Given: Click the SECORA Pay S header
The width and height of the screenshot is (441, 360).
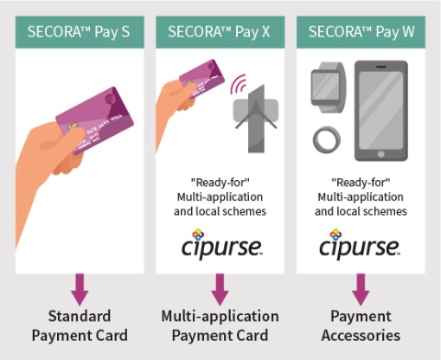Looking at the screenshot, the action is tap(80, 32).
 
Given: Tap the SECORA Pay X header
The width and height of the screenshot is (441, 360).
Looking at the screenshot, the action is tap(220, 32).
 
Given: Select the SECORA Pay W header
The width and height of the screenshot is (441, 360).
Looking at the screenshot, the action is tap(361, 32).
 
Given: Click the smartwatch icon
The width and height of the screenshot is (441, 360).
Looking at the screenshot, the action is tap(329, 87).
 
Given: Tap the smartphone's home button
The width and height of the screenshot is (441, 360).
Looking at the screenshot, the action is tap(381, 153).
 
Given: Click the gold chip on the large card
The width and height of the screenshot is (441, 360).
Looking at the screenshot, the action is tap(73, 127).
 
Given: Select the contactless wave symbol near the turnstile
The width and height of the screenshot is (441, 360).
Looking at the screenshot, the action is tap(238, 84).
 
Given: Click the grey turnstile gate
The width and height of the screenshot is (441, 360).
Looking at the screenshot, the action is tap(256, 118).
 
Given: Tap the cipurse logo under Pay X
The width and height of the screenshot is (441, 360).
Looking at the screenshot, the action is tap(221, 243).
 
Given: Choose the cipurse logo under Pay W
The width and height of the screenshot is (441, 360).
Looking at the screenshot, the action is tap(359, 243).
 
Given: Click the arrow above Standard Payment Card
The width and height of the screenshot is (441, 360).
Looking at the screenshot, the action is tap(80, 289).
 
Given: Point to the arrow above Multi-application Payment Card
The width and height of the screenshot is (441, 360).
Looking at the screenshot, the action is tap(220, 289).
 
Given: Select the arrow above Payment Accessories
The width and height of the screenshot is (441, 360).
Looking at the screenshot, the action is tap(361, 289).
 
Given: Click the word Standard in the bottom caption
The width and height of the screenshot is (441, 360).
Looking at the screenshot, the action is tap(80, 316).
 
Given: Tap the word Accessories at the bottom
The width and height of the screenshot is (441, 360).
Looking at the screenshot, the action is tap(361, 335).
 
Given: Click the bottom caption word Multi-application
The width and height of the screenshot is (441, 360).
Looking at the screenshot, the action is tap(220, 316).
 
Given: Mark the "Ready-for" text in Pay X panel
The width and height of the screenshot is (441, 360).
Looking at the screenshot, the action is tap(220, 183).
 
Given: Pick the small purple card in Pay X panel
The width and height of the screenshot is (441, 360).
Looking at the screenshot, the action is tap(202, 78).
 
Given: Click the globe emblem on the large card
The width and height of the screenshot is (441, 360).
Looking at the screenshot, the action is tap(110, 99).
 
